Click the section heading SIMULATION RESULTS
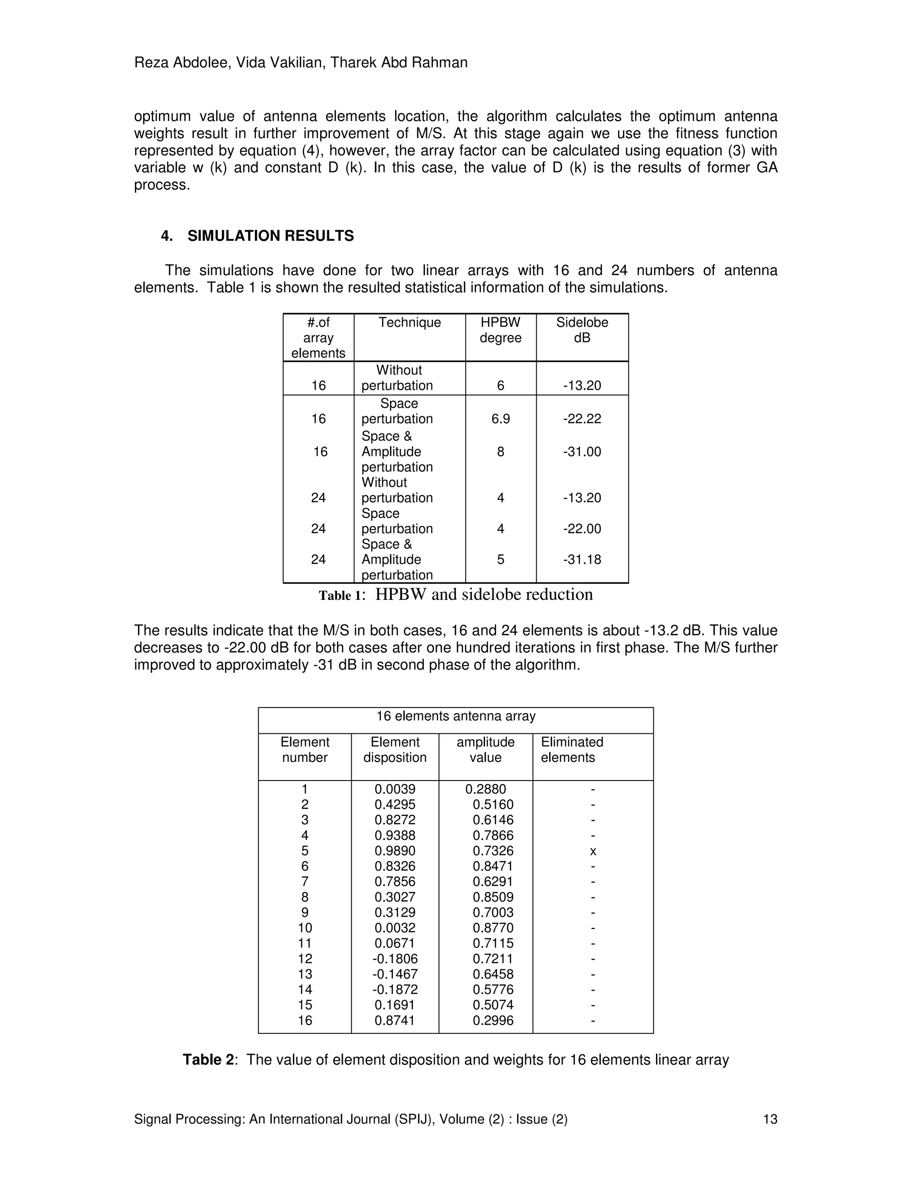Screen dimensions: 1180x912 click(270, 236)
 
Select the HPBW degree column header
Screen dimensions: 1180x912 click(500, 330)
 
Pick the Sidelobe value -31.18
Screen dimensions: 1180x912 click(582, 559)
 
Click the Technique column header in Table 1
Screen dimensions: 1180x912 click(410, 322)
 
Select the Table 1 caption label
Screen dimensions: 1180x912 click(341, 595)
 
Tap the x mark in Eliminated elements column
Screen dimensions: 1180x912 click(593, 851)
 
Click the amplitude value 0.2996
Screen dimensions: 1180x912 click(493, 1020)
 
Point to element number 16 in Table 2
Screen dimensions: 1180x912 click(305, 1020)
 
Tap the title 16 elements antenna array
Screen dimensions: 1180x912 click(456, 716)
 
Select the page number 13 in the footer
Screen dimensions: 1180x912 click(769, 1119)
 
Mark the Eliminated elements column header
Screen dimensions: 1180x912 click(572, 749)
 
